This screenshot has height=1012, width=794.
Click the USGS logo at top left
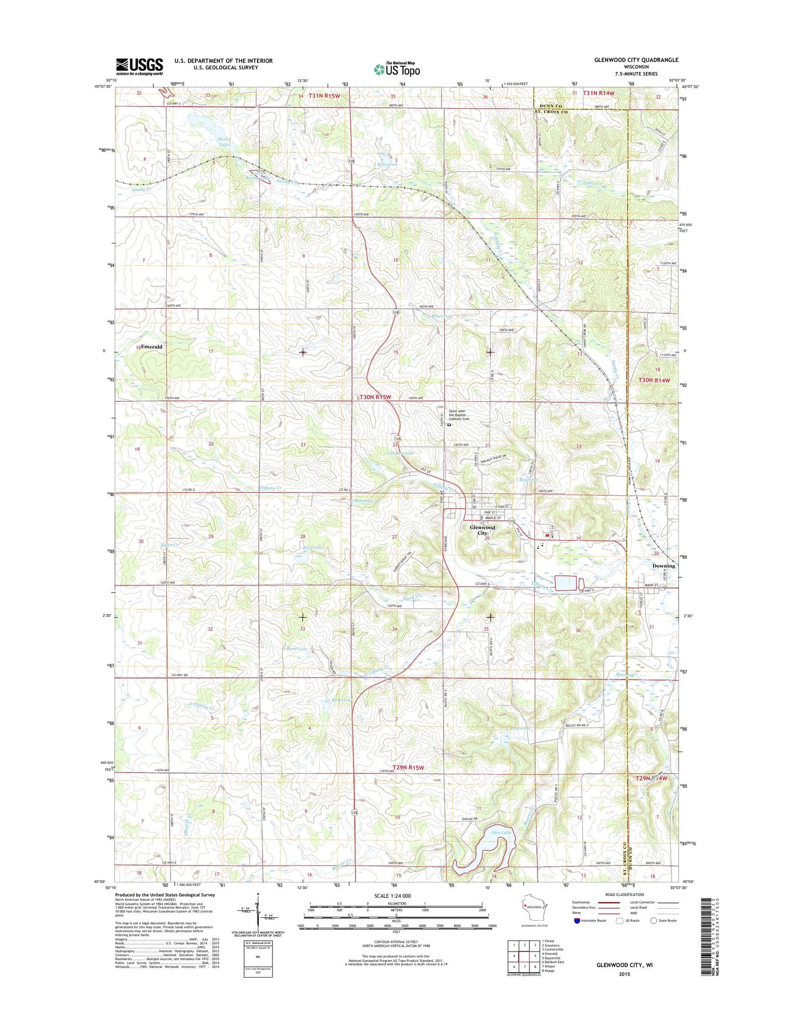139,67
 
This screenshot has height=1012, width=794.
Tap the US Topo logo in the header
396,69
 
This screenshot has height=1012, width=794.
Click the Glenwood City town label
482,530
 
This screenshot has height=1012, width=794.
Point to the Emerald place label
151,347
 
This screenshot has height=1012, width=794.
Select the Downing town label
663,566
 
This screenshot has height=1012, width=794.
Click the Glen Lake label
501,833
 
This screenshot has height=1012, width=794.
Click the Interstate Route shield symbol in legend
576,920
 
